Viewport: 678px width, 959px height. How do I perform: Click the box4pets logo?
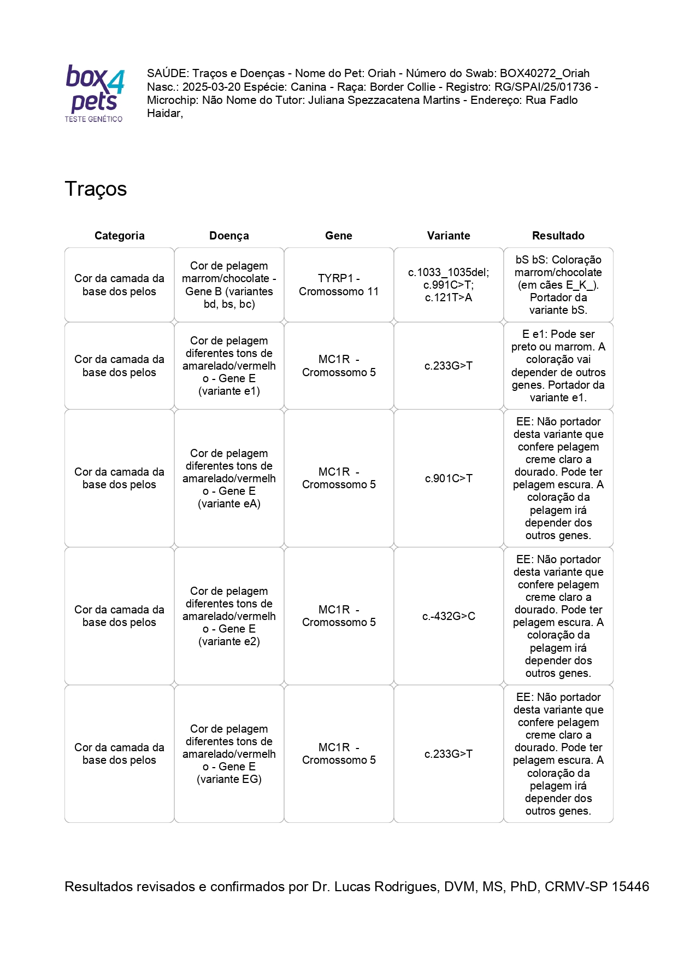click(95, 93)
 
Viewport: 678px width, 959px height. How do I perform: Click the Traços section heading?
click(96, 189)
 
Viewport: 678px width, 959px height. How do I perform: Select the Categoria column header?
click(119, 236)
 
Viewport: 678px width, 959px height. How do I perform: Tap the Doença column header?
click(229, 236)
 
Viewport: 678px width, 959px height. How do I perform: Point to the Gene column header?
click(338, 236)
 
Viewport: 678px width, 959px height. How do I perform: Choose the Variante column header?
click(448, 236)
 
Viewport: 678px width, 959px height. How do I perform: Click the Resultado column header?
click(558, 236)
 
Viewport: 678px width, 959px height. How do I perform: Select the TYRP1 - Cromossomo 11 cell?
click(338, 285)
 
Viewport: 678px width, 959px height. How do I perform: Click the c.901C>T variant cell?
click(448, 478)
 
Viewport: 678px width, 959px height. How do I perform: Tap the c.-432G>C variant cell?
click(448, 616)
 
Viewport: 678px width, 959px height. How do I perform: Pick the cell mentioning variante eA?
click(229, 478)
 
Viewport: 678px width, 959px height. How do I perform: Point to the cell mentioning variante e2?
click(229, 616)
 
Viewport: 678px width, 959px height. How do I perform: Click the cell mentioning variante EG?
click(229, 754)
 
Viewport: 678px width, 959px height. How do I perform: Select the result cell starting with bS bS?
click(558, 285)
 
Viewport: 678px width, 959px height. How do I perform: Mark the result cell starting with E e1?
click(558, 366)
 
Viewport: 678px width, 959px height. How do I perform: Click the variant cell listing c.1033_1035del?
click(448, 285)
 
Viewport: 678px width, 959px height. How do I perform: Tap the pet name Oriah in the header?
click(381, 73)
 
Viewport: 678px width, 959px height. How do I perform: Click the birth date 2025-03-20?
click(211, 87)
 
